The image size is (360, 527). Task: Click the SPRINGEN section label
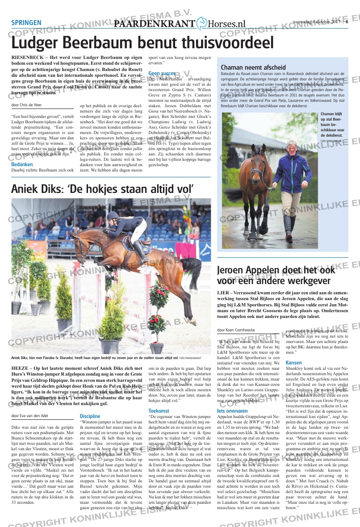coord(26,23)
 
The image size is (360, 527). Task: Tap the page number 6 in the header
coord(347,22)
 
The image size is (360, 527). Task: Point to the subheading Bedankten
coord(22,164)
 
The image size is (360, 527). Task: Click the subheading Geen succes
coord(162,73)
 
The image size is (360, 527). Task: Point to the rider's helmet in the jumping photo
coord(113,216)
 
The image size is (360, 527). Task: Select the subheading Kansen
coord(293,363)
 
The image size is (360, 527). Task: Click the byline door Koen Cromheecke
coord(237,330)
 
